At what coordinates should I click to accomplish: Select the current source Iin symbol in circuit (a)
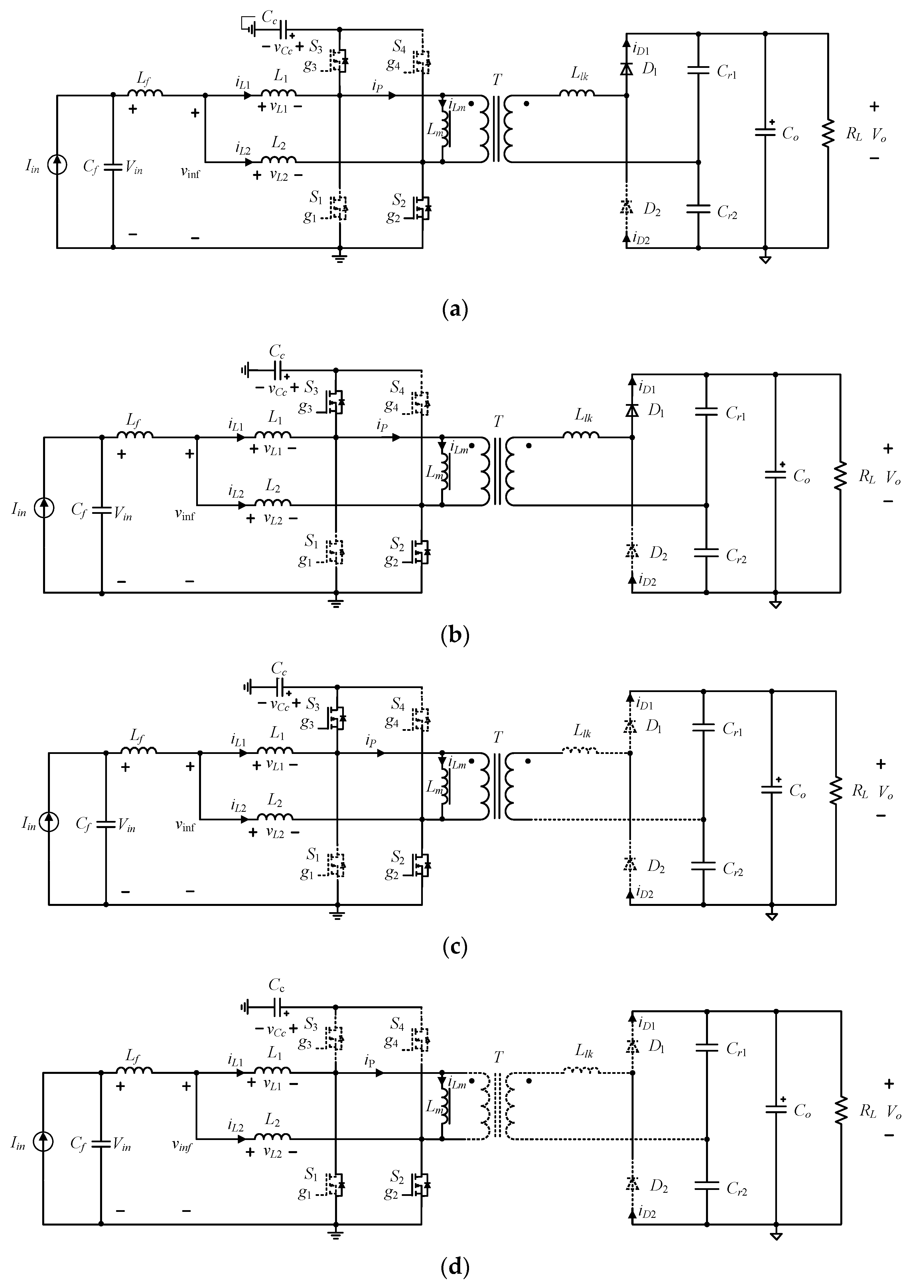coord(57,165)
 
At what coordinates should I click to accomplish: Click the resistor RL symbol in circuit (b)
coord(840,476)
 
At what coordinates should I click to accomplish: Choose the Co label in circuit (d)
coord(802,1111)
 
